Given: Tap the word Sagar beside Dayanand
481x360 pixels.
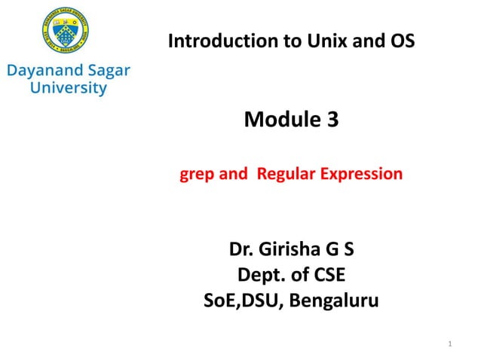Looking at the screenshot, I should pyautogui.click(x=106, y=72).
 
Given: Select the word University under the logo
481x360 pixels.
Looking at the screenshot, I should pyautogui.click(x=68, y=88).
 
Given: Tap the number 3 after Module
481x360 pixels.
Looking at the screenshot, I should pyautogui.click(x=332, y=118).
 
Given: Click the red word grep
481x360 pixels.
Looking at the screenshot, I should pyautogui.click(x=196, y=175).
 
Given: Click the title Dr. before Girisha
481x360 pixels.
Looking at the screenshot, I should pyautogui.click(x=242, y=248).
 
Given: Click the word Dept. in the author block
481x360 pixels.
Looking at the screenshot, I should pyautogui.click(x=261, y=275).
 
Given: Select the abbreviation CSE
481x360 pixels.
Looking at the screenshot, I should pyautogui.click(x=326, y=275).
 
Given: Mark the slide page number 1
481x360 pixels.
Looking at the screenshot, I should pyautogui.click(x=449, y=345).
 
